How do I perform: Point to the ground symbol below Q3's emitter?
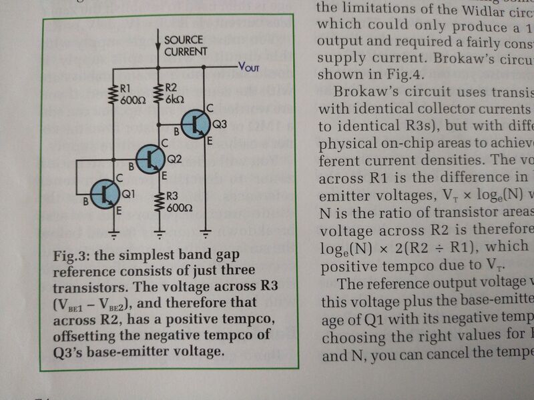(x=207, y=235)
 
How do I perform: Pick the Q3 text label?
(x=220, y=125)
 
